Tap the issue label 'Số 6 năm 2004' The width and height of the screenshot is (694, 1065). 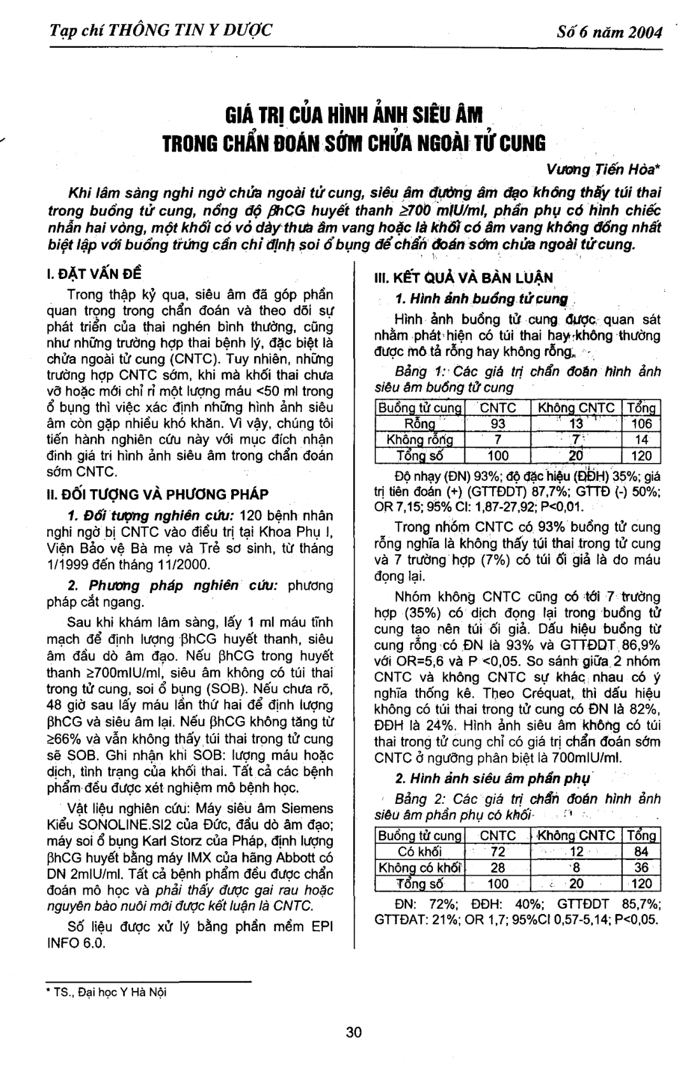[608, 32]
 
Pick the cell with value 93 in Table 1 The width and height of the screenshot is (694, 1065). [497, 424]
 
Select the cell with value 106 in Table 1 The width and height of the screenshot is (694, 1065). [641, 424]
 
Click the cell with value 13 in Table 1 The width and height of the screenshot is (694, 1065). [575, 424]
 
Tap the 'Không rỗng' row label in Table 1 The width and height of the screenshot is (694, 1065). [420, 440]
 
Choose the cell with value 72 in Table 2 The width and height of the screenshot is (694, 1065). [497, 852]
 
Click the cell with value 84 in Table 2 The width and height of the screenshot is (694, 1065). [641, 852]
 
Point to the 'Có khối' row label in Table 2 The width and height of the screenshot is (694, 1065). [420, 852]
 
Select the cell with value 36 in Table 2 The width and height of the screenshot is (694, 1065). [641, 868]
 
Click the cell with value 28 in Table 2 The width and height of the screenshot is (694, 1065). [497, 868]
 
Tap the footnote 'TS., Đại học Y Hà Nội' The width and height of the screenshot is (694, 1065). [108, 992]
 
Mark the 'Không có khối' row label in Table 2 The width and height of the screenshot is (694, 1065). [420, 868]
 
